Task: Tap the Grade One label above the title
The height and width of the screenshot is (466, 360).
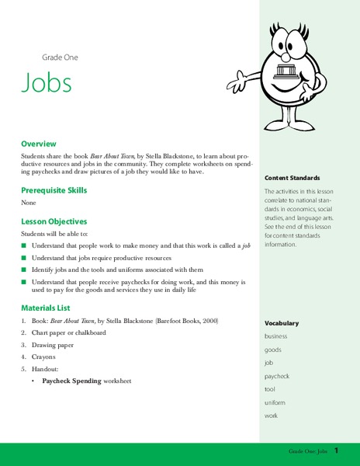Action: (60, 57)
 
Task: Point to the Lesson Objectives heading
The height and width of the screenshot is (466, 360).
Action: (54, 221)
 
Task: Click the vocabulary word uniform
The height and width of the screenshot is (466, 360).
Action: (275, 402)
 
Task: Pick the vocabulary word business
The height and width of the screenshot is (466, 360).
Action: (276, 336)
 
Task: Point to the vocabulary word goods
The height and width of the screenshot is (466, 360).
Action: (273, 349)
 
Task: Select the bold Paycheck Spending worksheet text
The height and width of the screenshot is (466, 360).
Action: (86, 381)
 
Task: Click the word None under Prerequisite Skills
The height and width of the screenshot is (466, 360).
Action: (29, 204)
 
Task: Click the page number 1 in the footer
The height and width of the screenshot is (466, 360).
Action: (337, 451)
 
